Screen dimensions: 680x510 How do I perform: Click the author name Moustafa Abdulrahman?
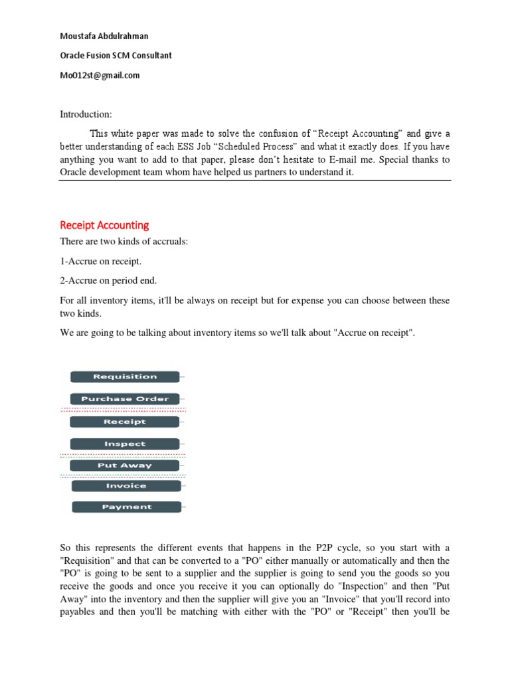tap(104, 36)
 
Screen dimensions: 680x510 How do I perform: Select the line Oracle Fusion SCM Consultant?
tap(116, 56)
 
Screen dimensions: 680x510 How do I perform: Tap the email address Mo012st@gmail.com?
tap(100, 76)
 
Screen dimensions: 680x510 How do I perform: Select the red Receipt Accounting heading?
tap(104, 225)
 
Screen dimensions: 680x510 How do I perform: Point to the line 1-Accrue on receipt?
tap(100, 262)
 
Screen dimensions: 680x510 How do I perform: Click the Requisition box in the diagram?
tap(125, 377)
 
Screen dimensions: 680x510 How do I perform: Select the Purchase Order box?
tap(125, 399)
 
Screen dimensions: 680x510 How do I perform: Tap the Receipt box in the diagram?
tap(125, 422)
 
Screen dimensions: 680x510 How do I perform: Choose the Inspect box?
tap(125, 444)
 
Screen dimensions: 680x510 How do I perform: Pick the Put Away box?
tap(125, 466)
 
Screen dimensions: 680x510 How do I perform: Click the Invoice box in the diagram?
tap(126, 486)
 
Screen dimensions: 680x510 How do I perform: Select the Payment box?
tap(126, 507)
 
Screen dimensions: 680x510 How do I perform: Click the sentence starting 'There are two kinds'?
tap(124, 242)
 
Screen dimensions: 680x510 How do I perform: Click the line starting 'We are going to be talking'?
tap(237, 333)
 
